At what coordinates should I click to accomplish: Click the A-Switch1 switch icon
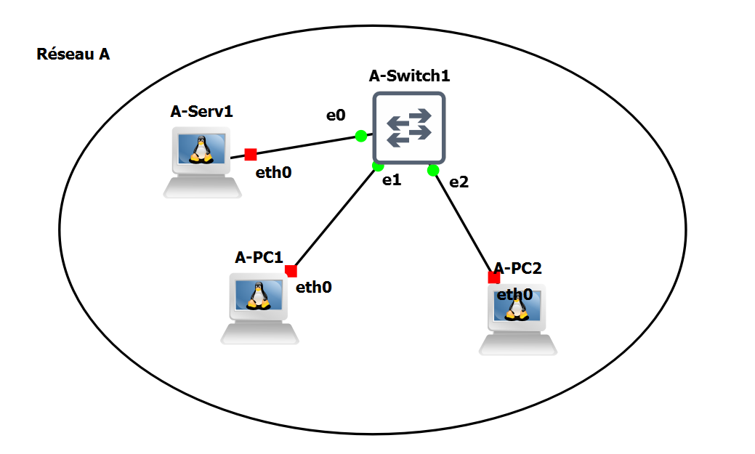[x=408, y=128]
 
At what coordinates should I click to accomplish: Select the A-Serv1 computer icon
[x=201, y=161]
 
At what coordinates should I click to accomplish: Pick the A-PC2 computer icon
[x=517, y=318]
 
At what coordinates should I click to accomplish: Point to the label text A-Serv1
[x=201, y=111]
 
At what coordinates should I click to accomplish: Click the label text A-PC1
[x=259, y=257]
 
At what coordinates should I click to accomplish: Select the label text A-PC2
[x=518, y=269]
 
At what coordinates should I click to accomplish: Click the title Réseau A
[x=73, y=54]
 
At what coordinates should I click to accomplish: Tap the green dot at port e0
[x=360, y=136]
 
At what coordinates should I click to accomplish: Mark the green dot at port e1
[x=378, y=166]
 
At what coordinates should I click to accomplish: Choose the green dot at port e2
[x=433, y=171]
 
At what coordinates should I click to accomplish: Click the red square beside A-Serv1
[x=251, y=154]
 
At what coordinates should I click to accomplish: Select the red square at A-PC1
[x=291, y=271]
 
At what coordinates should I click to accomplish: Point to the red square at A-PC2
[x=494, y=277]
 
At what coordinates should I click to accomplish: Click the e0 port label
[x=335, y=115]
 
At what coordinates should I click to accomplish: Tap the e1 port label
[x=392, y=181]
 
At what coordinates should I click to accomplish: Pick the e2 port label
[x=459, y=182]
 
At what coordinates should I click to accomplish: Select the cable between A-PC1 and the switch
[x=334, y=218]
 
